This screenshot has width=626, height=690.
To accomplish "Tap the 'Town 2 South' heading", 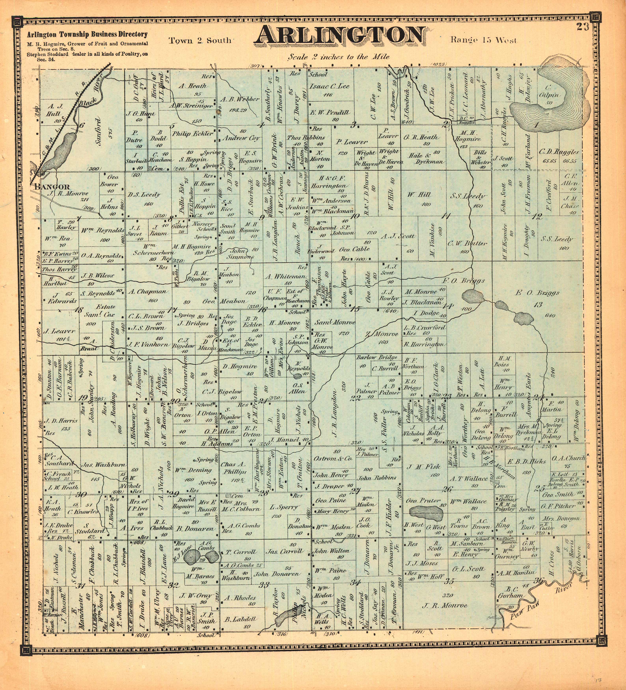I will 200,41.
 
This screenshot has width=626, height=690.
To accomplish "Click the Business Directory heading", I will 87,34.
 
